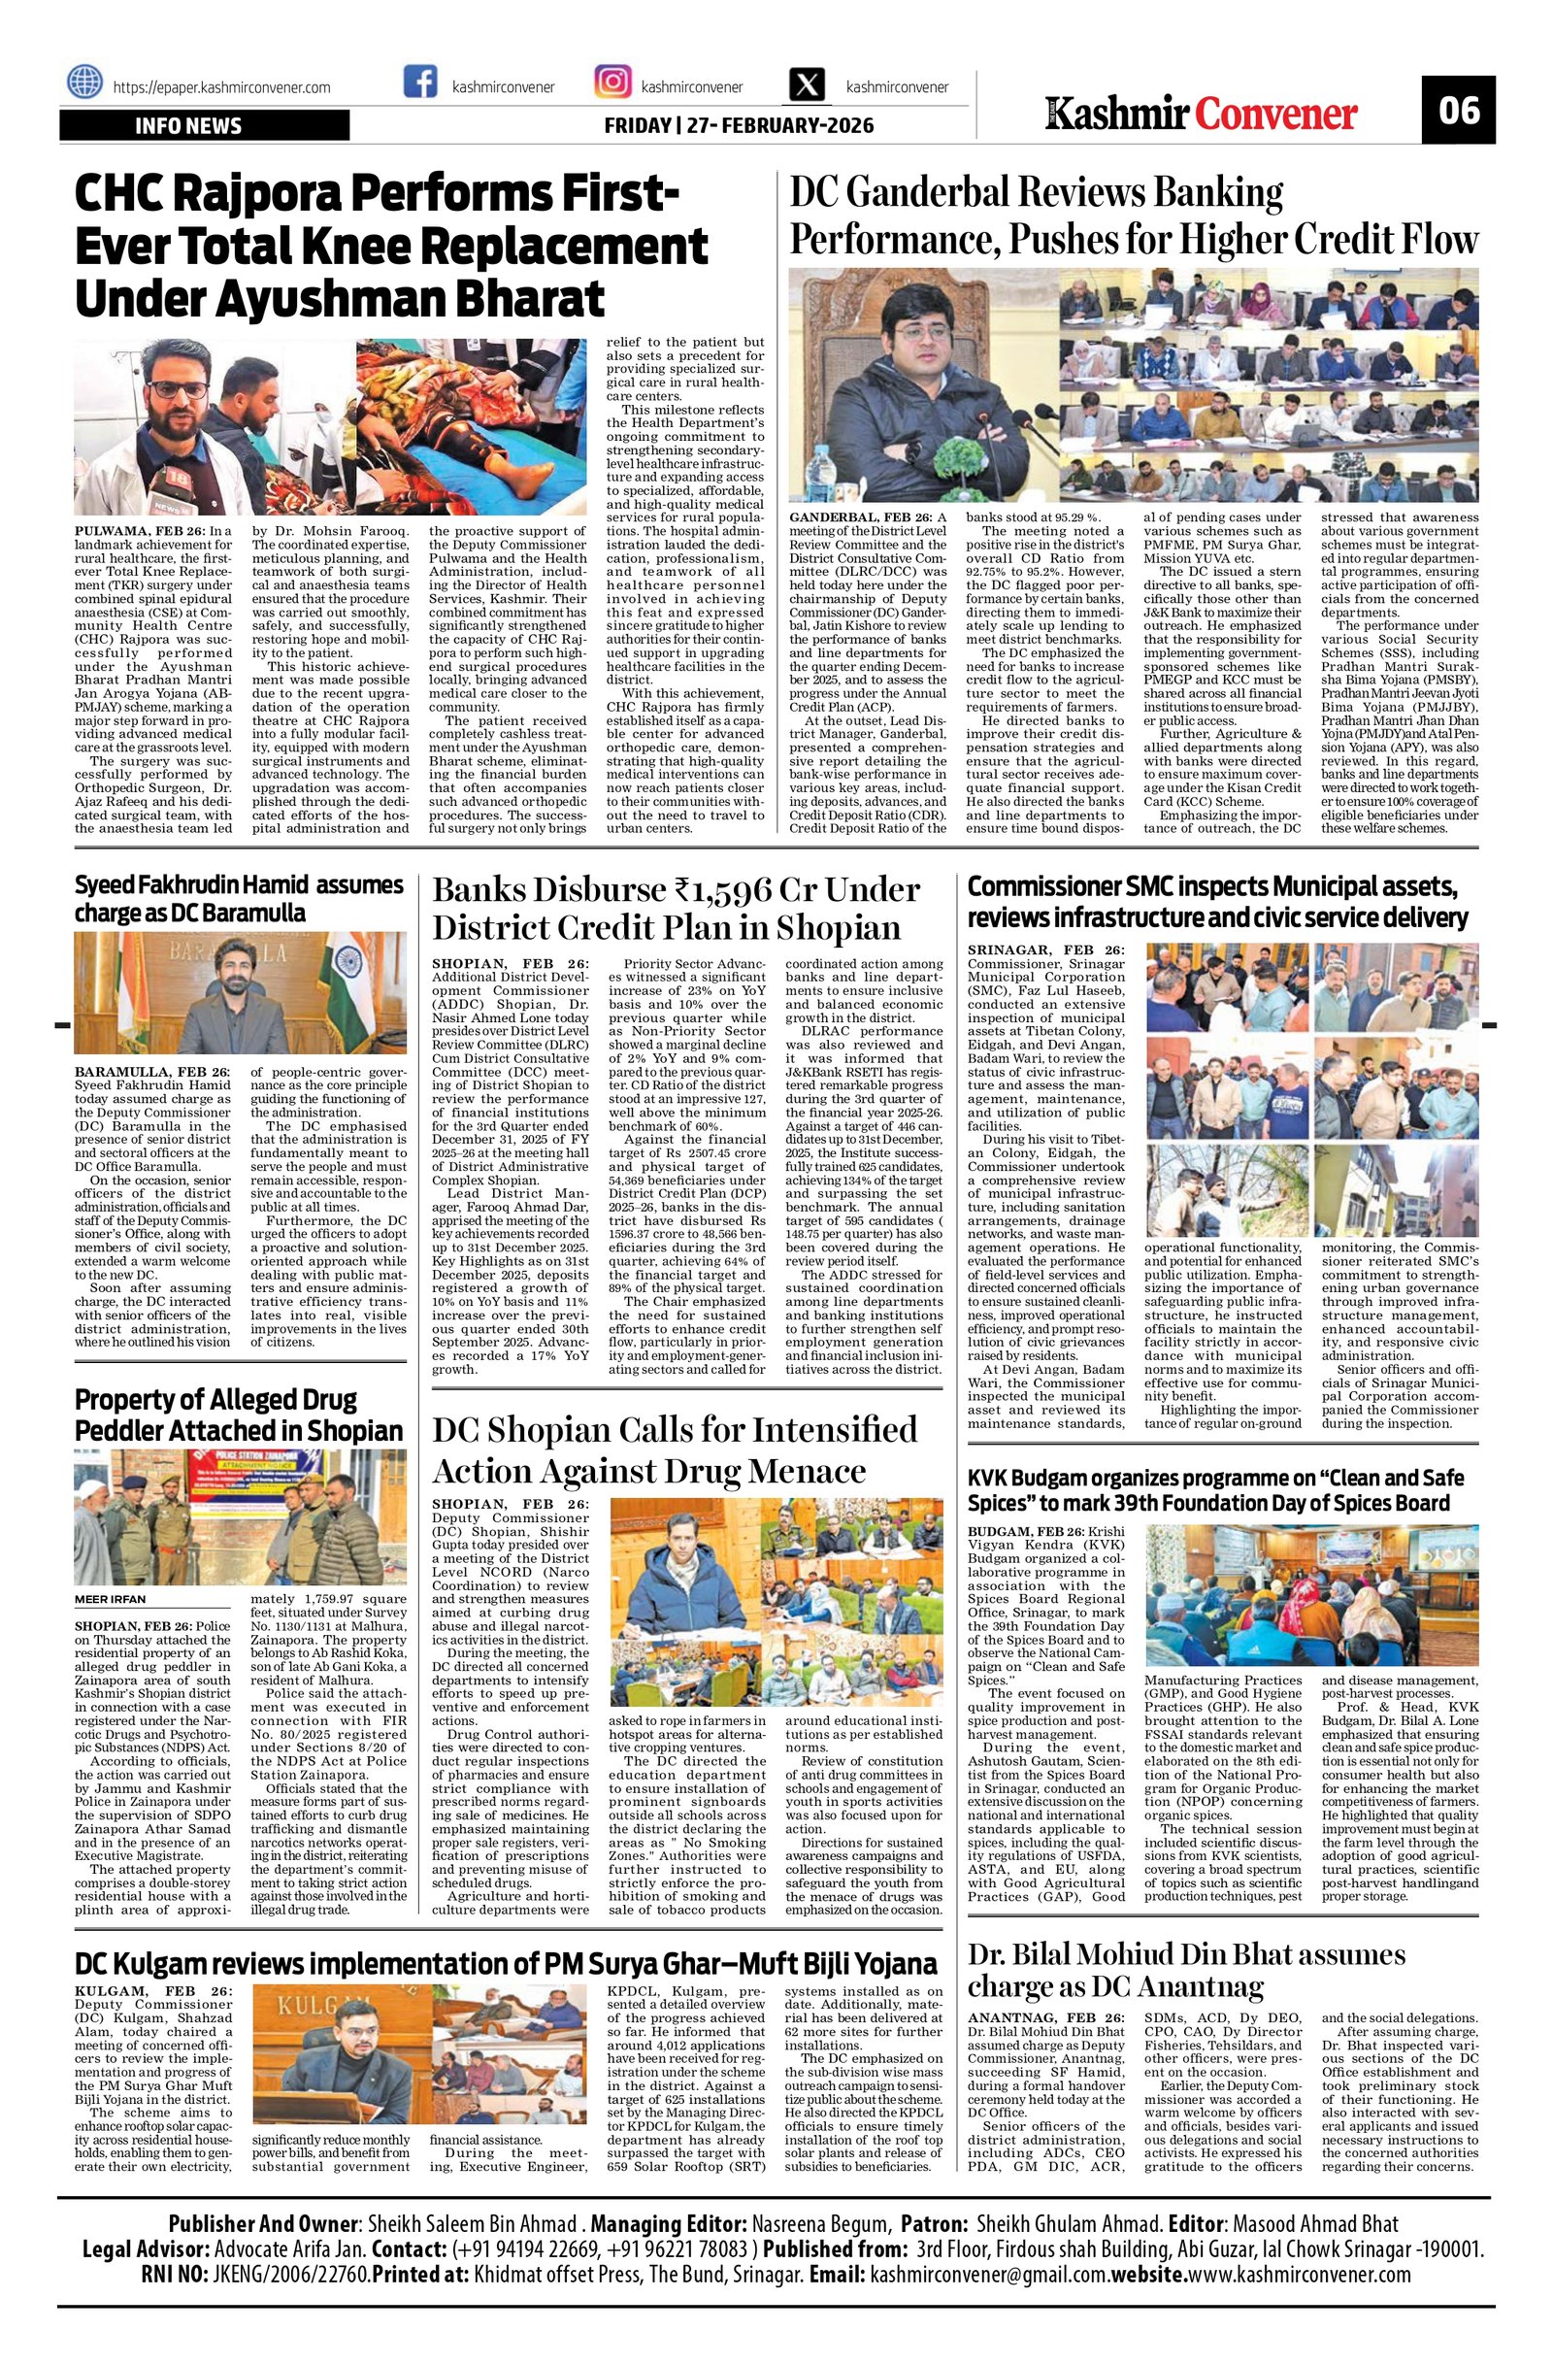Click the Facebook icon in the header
421,83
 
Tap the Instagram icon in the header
611,83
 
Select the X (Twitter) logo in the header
808,83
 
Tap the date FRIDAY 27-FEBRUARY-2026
739,126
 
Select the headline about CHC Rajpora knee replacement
392,246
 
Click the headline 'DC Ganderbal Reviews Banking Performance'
1133,216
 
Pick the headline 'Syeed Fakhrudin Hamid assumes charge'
240,898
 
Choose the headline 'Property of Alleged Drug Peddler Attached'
240,1415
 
